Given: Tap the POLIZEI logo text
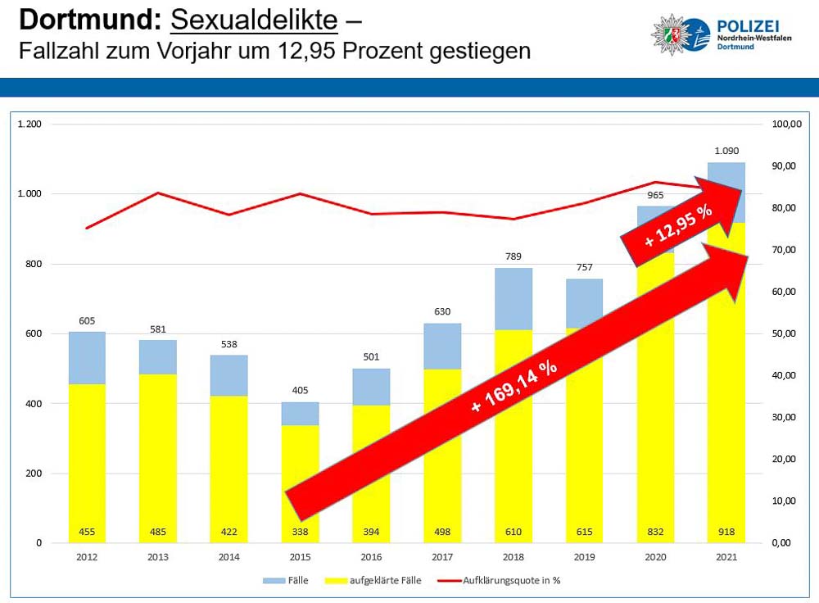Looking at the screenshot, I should tap(745, 25).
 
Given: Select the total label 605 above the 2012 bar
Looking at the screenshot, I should tap(87, 321).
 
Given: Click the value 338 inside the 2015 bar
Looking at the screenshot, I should tap(301, 532).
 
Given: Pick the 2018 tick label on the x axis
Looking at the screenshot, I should tap(514, 557).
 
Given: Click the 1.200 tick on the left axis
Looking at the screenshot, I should tap(29, 124).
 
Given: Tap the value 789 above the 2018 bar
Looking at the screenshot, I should tap(514, 257).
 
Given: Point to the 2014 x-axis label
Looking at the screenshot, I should tap(229, 557).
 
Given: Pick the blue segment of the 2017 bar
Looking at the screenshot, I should tap(443, 346).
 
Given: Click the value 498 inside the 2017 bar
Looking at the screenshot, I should tap(443, 532).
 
